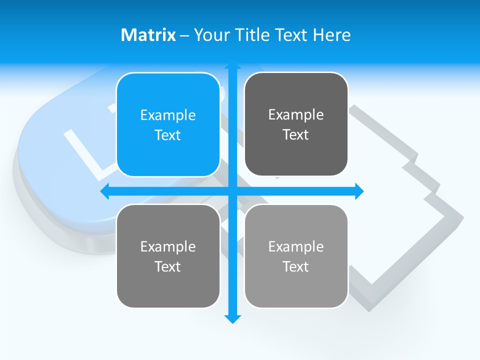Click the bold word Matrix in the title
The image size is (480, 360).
point(148,35)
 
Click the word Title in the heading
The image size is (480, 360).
point(252,35)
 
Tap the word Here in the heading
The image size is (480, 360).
point(331,35)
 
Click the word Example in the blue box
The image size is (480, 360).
point(167,115)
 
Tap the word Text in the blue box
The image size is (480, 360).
point(167,135)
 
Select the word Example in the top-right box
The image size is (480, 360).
point(296,114)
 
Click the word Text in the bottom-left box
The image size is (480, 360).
point(167,266)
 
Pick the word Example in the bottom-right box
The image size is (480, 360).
point(296,246)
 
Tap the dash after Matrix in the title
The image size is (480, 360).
point(184,35)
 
